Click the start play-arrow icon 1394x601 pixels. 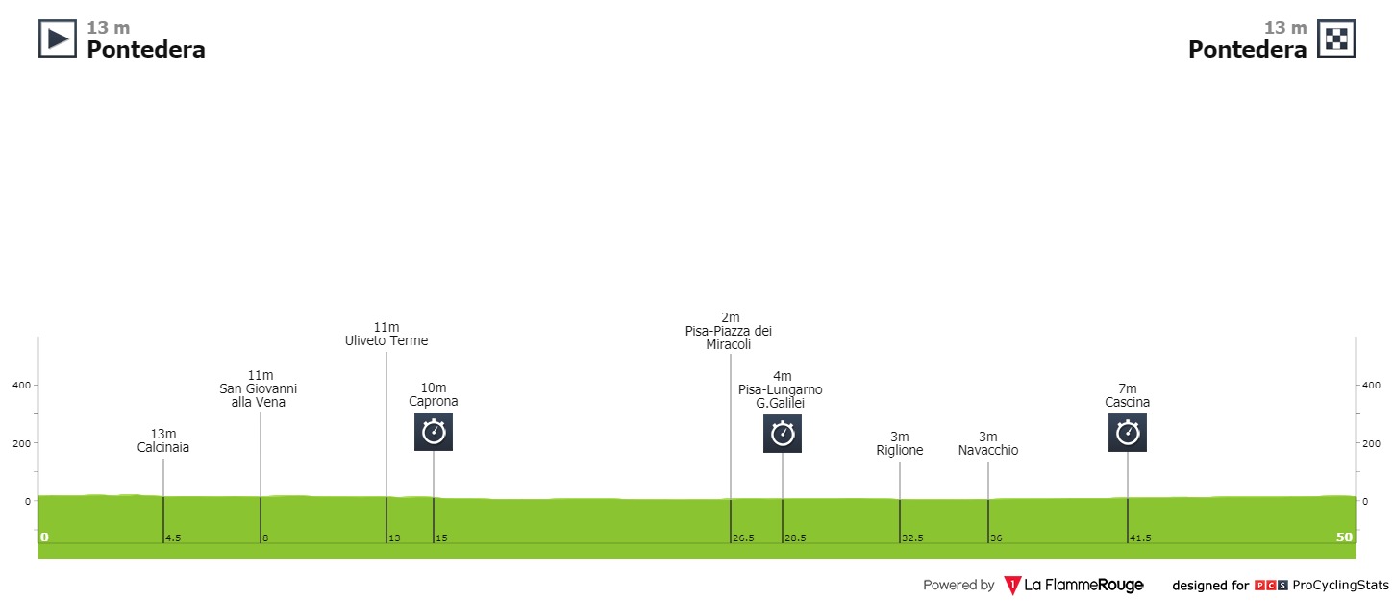pyautogui.click(x=58, y=38)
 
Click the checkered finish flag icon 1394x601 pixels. pyautogui.click(x=1336, y=38)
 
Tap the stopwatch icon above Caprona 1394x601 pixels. pyautogui.click(x=434, y=432)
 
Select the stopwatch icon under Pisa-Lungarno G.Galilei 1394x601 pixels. pyautogui.click(x=783, y=434)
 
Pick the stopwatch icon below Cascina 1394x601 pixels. pyautogui.click(x=1128, y=433)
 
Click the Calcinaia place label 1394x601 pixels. pyautogui.click(x=163, y=447)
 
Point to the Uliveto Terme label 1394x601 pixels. pyautogui.click(x=386, y=340)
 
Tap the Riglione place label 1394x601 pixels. pyautogui.click(x=900, y=450)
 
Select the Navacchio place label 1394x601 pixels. pyautogui.click(x=988, y=450)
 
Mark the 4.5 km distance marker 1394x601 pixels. pyautogui.click(x=173, y=538)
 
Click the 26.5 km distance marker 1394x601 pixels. pyautogui.click(x=742, y=538)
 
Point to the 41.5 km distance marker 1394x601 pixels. pyautogui.click(x=1140, y=538)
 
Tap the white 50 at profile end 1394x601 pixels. pyautogui.click(x=1344, y=538)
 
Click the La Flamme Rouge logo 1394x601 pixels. pyautogui.click(x=1073, y=585)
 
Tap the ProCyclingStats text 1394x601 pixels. pyautogui.click(x=1341, y=585)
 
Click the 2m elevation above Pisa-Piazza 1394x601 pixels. pyautogui.click(x=731, y=317)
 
